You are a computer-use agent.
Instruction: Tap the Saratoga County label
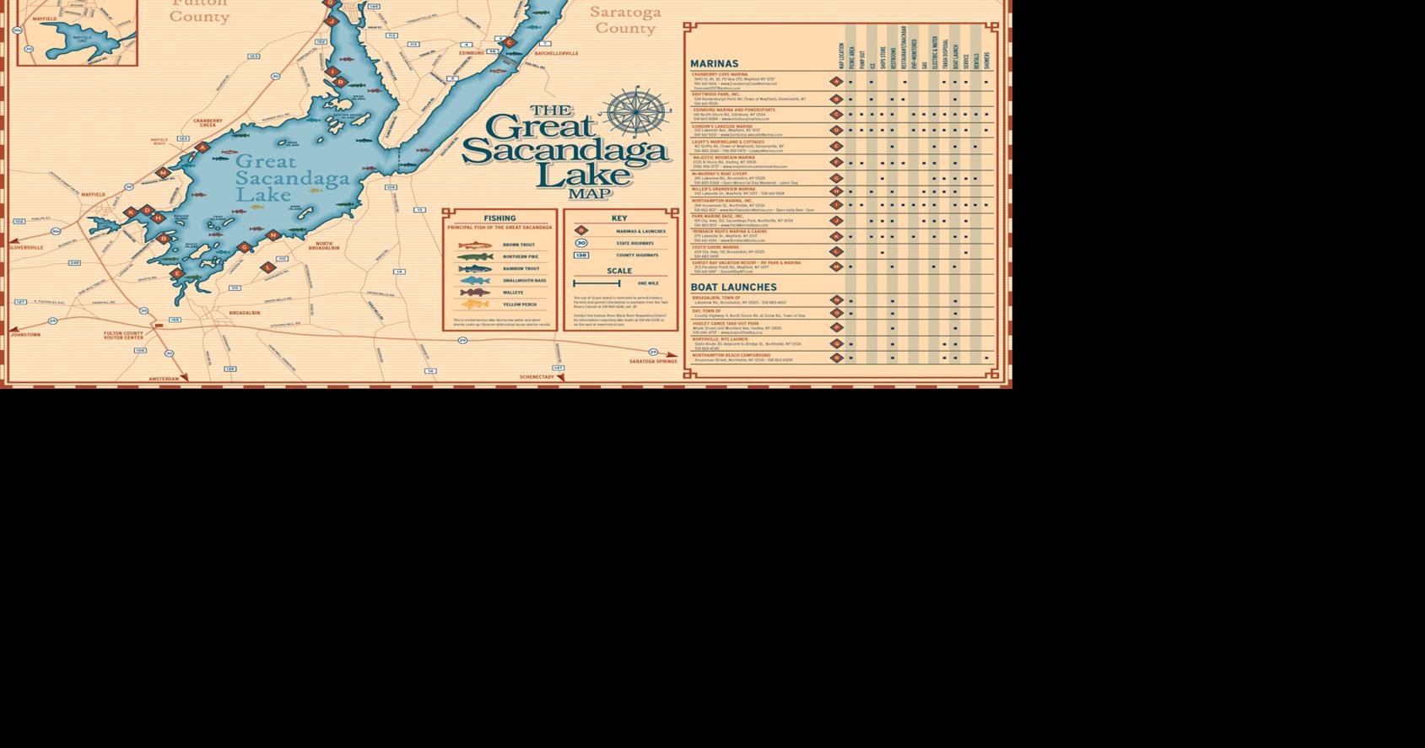pyautogui.click(x=625, y=20)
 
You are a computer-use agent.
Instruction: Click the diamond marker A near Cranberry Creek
pyautogui.click(x=202, y=148)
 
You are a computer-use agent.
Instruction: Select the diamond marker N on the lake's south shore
pyautogui.click(x=273, y=235)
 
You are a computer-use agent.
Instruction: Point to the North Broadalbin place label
pyautogui.click(x=323, y=245)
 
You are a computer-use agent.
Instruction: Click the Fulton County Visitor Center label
pyautogui.click(x=123, y=335)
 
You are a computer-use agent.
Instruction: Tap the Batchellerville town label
pyautogui.click(x=556, y=53)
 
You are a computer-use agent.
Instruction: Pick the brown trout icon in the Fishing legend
pyautogui.click(x=475, y=245)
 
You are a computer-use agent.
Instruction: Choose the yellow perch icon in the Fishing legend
pyautogui.click(x=475, y=304)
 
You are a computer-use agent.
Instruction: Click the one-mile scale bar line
pyautogui.click(x=596, y=283)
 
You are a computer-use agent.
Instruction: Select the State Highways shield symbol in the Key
pyautogui.click(x=581, y=243)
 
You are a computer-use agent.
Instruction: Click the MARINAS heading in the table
pyautogui.click(x=714, y=63)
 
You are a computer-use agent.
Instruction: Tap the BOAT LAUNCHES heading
pyautogui.click(x=733, y=287)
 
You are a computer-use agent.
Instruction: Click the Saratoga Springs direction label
pyautogui.click(x=653, y=361)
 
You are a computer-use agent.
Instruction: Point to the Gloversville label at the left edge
pyautogui.click(x=26, y=247)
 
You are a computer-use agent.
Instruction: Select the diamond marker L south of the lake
pyautogui.click(x=268, y=267)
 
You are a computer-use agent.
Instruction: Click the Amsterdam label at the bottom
pyautogui.click(x=164, y=379)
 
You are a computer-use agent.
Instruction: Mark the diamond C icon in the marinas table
pyautogui.click(x=836, y=114)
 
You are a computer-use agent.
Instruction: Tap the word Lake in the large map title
pyautogui.click(x=582, y=174)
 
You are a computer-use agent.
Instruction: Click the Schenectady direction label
pyautogui.click(x=537, y=377)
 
